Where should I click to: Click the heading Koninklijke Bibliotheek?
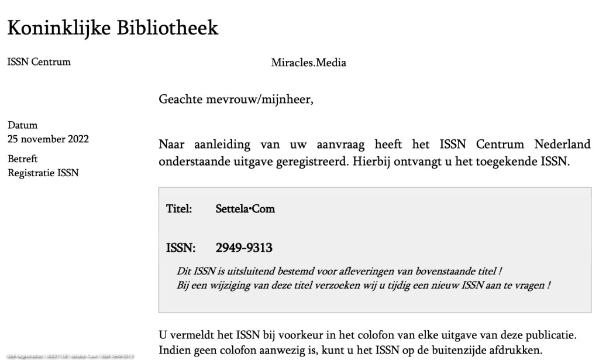coord(112,28)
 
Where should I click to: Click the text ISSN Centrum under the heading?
coord(39,62)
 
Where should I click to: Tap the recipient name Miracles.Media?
coord(308,63)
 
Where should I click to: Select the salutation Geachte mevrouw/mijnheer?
coord(236,100)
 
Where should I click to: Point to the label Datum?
coord(22,125)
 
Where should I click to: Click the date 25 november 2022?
coord(48,139)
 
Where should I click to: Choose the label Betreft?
coord(23,159)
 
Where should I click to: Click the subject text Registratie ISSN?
coord(43,173)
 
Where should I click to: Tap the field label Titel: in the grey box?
coord(179,209)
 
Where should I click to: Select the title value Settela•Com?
coord(245,209)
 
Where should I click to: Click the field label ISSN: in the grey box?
coord(180,248)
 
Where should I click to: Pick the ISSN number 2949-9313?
coord(244,248)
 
